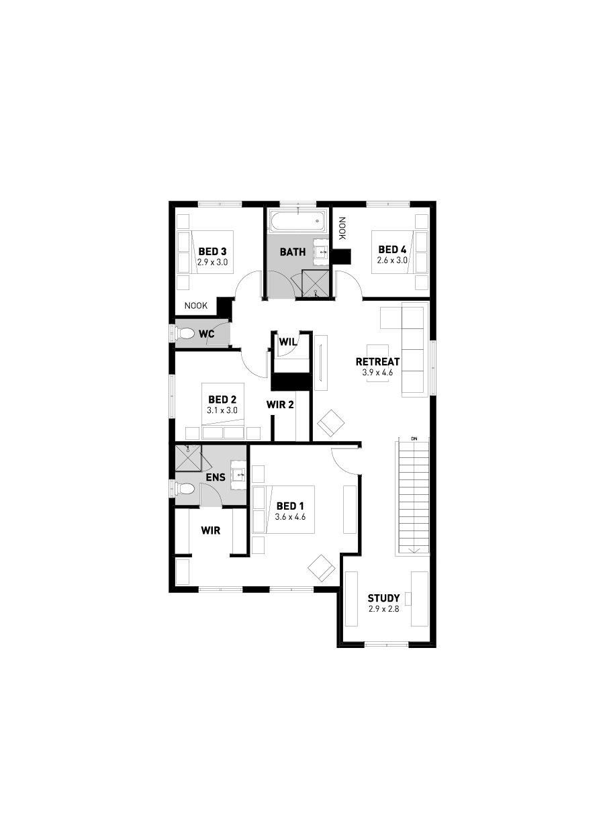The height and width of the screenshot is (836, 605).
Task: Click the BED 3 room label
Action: tap(212, 251)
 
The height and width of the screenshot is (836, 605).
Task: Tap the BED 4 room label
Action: tap(392, 249)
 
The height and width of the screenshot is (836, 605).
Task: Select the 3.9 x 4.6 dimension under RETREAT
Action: tap(377, 372)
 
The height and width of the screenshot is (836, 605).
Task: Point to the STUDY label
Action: tap(383, 598)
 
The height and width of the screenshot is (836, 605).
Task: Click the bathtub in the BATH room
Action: tap(298, 222)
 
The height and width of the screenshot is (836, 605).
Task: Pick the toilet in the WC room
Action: tap(184, 333)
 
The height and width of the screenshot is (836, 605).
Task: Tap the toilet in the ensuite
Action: tap(185, 488)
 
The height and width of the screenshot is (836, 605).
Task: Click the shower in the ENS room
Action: tap(189, 457)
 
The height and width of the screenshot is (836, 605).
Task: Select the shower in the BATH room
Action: tap(315, 283)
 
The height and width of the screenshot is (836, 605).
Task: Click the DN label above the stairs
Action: tap(414, 438)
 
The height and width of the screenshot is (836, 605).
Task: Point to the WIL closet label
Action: tap(288, 342)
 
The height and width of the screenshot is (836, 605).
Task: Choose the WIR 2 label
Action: tap(280, 404)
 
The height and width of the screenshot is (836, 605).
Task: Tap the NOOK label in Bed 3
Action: tap(196, 306)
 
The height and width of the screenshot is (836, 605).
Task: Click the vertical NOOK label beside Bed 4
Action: tap(342, 228)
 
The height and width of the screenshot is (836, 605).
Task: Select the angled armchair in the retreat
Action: tap(330, 423)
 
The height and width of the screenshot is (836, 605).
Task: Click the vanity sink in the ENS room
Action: tap(238, 475)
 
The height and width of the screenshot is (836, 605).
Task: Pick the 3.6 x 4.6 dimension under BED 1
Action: tap(290, 517)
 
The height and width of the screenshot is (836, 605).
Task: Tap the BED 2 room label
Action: tap(222, 400)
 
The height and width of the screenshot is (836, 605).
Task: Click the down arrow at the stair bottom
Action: tap(414, 550)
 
